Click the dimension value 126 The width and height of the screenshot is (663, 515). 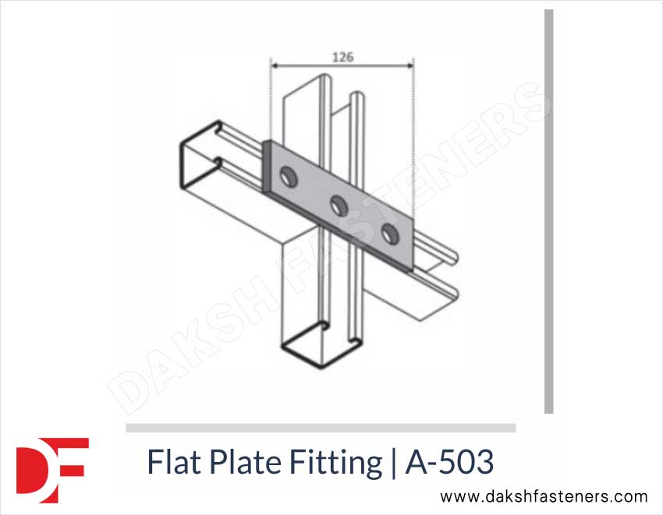click(x=342, y=56)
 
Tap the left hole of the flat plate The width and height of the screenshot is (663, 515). click(x=288, y=177)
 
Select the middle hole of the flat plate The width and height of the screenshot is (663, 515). click(x=339, y=205)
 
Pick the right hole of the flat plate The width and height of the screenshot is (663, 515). click(x=388, y=231)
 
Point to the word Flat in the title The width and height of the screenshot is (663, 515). click(x=175, y=463)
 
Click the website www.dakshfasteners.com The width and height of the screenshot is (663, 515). click(x=544, y=496)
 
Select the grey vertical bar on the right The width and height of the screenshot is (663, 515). click(x=548, y=210)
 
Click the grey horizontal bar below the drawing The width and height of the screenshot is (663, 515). click(x=320, y=428)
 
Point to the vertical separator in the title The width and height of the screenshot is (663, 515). click(x=392, y=464)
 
